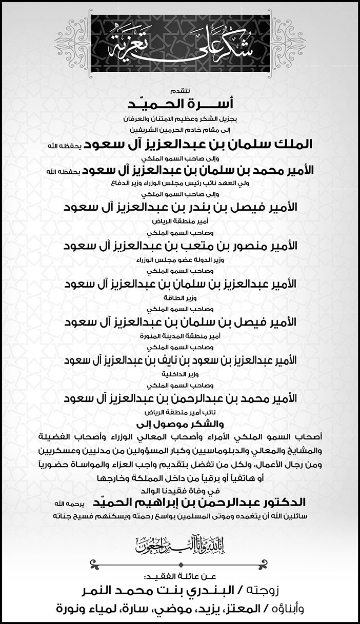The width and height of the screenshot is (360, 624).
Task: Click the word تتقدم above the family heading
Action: pos(179,92)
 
